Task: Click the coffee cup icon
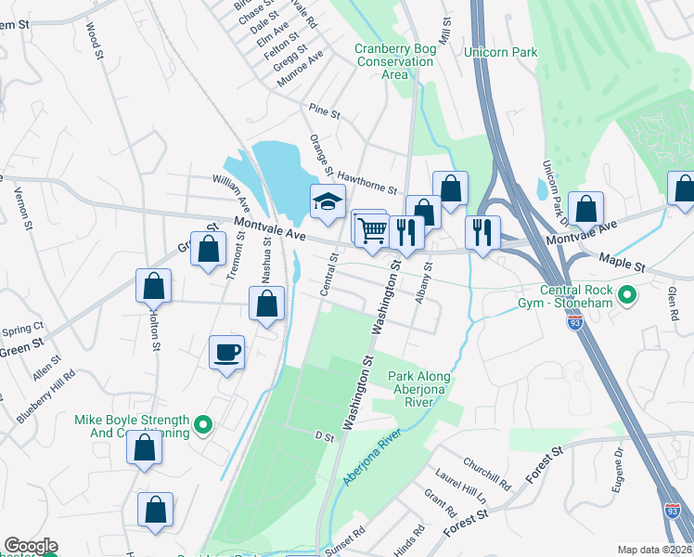click(x=226, y=353)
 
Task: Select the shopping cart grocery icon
click(x=371, y=228)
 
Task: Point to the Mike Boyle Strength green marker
click(x=206, y=427)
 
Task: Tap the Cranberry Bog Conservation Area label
click(x=393, y=61)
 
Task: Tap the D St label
click(x=323, y=434)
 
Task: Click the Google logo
click(x=30, y=546)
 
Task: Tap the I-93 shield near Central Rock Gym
click(x=575, y=322)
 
